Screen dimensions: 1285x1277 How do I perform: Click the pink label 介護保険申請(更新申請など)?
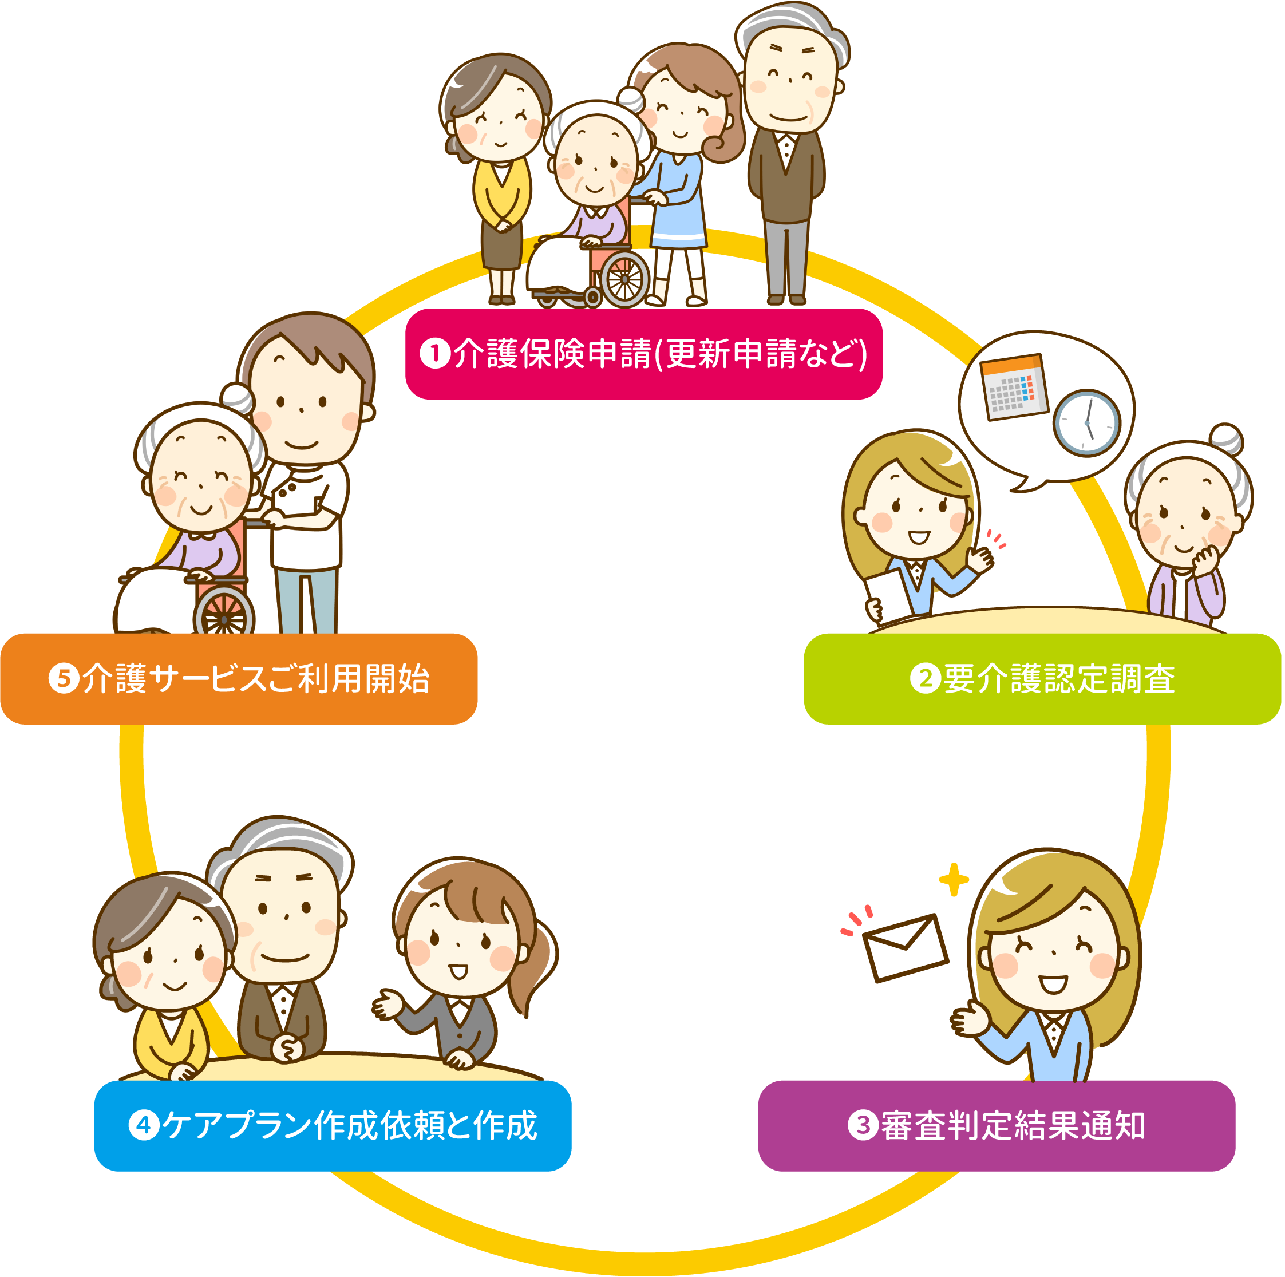tap(644, 354)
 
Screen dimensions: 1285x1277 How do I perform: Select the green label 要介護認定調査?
tap(1042, 679)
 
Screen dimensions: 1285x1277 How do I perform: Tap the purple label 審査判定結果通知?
tap(997, 1126)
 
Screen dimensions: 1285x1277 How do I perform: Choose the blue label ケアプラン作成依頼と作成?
tap(333, 1126)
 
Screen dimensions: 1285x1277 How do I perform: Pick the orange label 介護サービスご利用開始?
tap(239, 679)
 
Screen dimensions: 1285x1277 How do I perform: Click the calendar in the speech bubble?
tap(1014, 387)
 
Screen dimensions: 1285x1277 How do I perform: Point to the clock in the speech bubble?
tap(1087, 423)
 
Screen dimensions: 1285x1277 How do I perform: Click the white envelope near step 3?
tap(905, 948)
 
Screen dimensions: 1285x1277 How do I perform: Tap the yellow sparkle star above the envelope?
tap(954, 879)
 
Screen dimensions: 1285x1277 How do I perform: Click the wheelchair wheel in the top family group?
tap(624, 279)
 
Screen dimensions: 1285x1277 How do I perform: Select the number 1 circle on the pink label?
tap(436, 353)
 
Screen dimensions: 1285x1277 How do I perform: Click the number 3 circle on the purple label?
tap(863, 1125)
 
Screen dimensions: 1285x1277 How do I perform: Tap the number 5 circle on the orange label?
tap(64, 678)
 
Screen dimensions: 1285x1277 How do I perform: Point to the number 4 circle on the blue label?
tap(144, 1125)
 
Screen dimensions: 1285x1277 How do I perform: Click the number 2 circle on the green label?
tap(925, 678)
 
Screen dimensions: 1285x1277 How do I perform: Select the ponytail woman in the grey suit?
tap(465, 964)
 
